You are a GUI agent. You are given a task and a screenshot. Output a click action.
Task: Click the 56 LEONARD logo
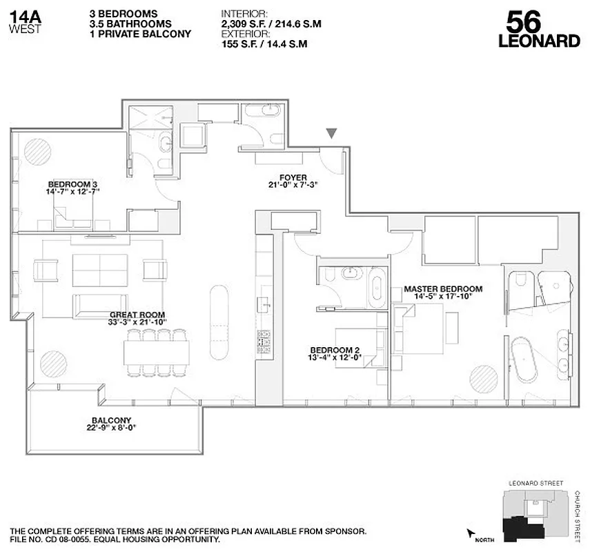538,30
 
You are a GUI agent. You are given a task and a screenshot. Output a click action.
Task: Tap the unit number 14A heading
24,14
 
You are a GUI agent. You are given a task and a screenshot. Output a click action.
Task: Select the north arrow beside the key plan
473,533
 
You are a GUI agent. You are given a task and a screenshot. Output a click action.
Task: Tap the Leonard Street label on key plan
535,483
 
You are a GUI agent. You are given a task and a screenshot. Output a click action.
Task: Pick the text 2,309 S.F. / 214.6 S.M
271,24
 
